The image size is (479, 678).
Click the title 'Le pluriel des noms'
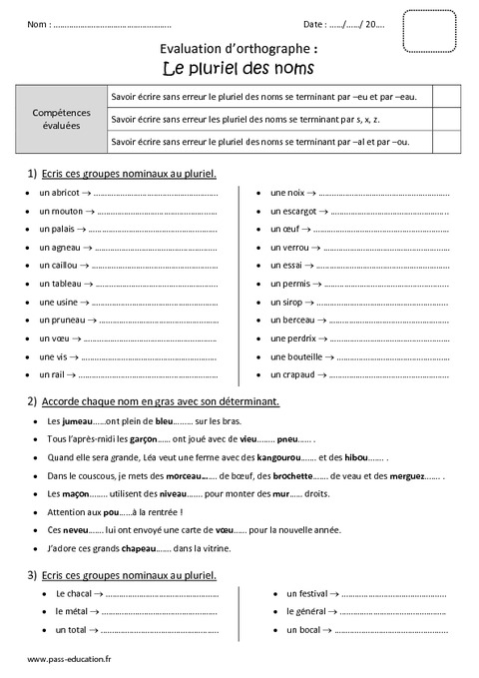point(239,68)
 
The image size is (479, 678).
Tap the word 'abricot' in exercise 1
point(62,192)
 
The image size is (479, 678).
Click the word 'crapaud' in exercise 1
point(294,374)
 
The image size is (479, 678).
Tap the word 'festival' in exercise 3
point(305,593)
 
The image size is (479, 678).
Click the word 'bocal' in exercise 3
point(302,630)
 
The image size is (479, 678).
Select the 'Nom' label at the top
point(38,22)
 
